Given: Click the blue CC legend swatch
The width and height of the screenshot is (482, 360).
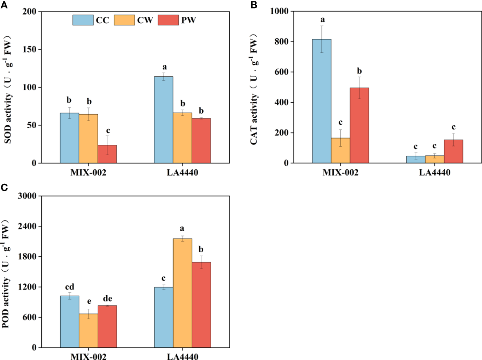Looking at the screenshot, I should coord(83,20).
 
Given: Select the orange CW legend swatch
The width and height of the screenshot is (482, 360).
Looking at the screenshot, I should coord(124,20).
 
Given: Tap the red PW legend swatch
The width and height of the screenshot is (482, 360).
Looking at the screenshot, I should coord(168,20).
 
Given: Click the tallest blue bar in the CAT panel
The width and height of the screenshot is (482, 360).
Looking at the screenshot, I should coord(321,101).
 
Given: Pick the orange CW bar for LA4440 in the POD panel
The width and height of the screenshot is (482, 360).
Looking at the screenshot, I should coord(182,293).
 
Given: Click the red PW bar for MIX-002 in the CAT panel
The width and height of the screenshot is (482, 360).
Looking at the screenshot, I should coord(359,125).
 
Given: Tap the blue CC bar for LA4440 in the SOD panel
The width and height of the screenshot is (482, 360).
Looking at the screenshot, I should coord(164,120).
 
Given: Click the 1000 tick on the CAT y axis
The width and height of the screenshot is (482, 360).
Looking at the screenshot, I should coord(279,11).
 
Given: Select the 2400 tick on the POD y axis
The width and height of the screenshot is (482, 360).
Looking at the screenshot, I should coord(27,226).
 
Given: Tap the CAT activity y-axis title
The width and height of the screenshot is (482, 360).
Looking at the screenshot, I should coord(254,89).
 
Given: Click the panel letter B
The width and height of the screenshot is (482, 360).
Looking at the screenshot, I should coord(254,5).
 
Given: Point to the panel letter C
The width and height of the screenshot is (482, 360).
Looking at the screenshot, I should coord(4,188).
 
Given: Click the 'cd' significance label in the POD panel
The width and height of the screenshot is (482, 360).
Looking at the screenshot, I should coord(69,287).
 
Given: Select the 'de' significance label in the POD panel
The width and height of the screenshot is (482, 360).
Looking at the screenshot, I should coord(107,299).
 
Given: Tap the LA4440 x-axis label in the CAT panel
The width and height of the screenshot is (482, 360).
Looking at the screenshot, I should coord(434,172).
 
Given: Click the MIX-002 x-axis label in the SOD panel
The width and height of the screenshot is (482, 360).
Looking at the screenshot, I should coord(88,172).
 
